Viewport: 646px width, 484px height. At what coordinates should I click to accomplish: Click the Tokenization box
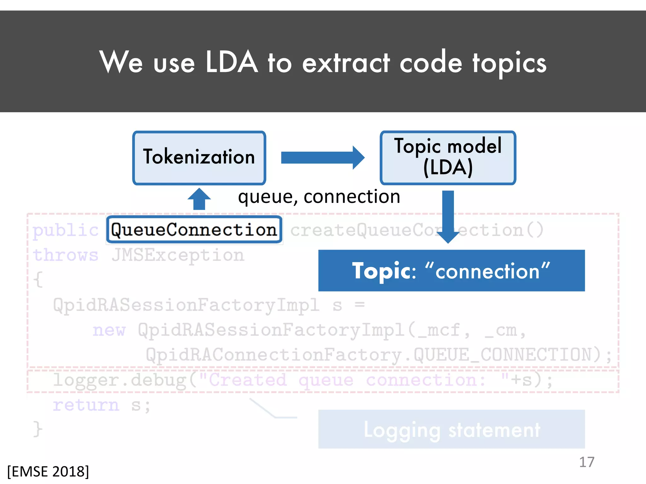(x=199, y=158)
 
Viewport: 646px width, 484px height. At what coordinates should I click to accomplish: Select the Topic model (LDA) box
(x=448, y=158)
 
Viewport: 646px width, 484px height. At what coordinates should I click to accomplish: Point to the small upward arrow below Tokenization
(x=199, y=199)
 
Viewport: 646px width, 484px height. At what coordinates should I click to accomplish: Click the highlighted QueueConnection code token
(x=194, y=230)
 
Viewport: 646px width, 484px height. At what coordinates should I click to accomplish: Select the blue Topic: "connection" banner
(x=451, y=271)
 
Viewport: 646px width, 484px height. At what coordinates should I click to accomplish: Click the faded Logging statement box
(x=451, y=429)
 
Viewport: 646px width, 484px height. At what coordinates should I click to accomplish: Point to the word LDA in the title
(x=232, y=62)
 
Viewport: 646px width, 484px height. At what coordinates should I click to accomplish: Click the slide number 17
(x=586, y=462)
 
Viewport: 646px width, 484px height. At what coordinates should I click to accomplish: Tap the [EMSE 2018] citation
(x=48, y=472)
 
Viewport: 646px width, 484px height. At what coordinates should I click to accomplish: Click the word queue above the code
(x=267, y=197)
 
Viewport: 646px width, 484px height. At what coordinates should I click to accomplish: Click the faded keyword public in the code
(x=66, y=230)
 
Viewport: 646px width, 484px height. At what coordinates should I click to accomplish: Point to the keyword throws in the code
(x=66, y=255)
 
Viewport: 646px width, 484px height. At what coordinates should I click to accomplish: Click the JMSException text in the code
(x=178, y=255)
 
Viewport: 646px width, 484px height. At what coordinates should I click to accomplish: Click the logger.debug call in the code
(x=120, y=380)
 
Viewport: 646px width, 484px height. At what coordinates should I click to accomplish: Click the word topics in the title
(x=509, y=63)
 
